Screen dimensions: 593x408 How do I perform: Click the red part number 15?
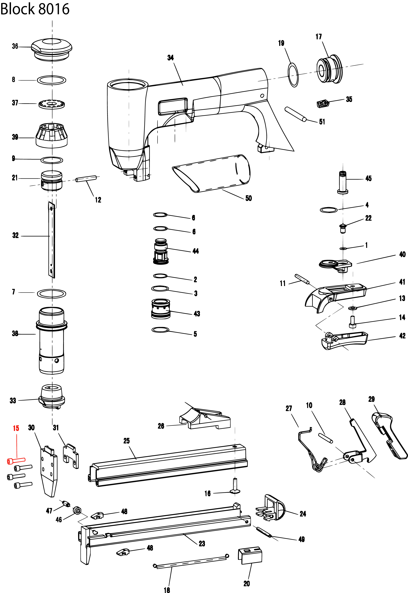point(16,428)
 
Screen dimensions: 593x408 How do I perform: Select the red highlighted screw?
point(16,460)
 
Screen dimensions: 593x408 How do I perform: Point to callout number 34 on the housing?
point(170,58)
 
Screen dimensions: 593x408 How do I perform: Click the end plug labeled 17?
point(329,69)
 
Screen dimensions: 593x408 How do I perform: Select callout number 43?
point(197,314)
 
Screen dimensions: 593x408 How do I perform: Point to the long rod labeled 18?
point(191,561)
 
